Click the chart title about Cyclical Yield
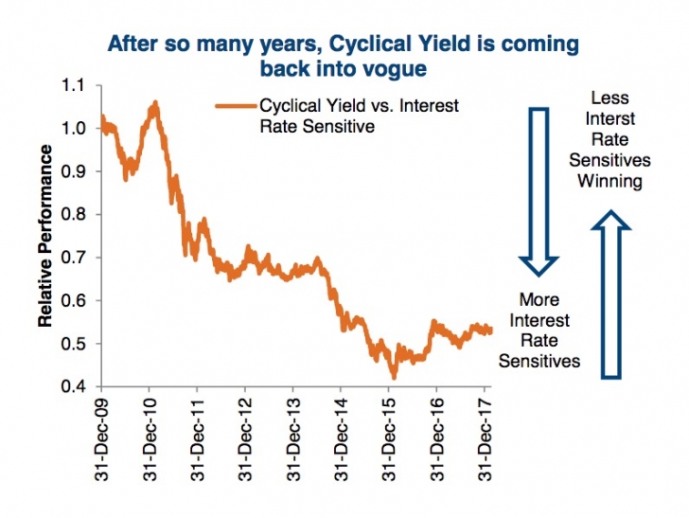(x=344, y=56)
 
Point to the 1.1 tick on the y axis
(x=72, y=85)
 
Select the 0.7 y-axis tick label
(x=72, y=258)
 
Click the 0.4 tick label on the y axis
(x=72, y=386)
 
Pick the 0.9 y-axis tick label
(x=72, y=171)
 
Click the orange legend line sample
(x=235, y=106)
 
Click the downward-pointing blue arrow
(x=539, y=188)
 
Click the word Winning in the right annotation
(x=613, y=181)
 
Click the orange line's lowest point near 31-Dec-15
(x=394, y=378)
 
